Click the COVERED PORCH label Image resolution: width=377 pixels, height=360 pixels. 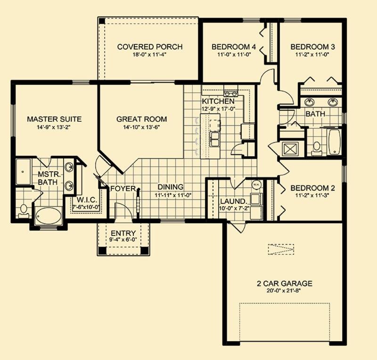tap(150, 47)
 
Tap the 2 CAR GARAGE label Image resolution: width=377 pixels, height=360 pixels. tap(285, 284)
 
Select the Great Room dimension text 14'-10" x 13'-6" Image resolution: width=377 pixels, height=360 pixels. tap(142, 127)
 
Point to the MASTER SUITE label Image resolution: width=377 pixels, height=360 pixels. tap(54, 119)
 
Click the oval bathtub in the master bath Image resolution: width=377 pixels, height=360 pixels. tap(49, 216)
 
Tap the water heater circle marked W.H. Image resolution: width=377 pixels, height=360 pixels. tap(255, 184)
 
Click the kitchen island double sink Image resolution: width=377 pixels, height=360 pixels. tap(214, 139)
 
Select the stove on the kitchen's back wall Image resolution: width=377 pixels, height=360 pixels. tap(230, 92)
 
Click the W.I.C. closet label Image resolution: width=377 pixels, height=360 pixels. tap(87, 200)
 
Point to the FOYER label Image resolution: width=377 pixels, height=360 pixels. tap(123, 189)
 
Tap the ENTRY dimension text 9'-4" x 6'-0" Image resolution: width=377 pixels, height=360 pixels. tap(123, 240)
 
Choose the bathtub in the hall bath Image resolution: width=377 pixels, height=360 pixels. tap(335, 142)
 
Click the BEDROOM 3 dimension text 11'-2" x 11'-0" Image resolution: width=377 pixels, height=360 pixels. tap(312, 54)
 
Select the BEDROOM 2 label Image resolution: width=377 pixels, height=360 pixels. tap(312, 188)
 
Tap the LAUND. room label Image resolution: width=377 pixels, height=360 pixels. tap(233, 201)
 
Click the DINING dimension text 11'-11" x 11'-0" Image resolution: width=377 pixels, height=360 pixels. tap(173, 195)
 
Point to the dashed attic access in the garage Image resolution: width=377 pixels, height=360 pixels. tap(281, 249)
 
